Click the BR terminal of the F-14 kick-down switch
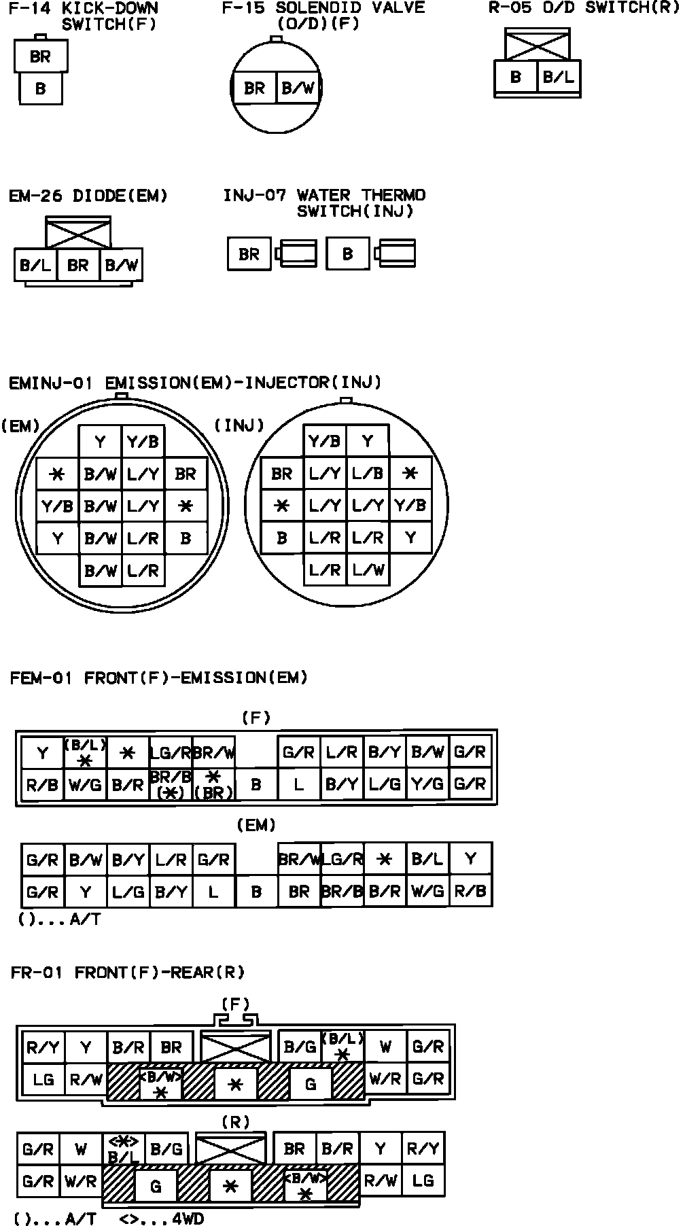point(40,56)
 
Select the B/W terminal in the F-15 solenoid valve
point(298,88)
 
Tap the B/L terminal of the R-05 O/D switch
point(558,77)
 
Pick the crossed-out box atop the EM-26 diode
point(77,233)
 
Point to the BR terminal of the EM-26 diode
point(78,265)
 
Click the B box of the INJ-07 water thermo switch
point(348,254)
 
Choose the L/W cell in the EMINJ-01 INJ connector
point(368,570)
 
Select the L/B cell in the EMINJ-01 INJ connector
point(368,474)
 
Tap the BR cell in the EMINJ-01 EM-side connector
point(186,474)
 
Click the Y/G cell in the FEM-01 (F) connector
point(427,785)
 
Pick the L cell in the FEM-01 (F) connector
point(299,785)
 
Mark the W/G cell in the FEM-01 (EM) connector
point(427,891)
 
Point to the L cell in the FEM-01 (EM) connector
point(213,891)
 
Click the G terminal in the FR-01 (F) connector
point(311,1084)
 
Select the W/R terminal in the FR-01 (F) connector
point(385,1079)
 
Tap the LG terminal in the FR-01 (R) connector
point(423,1180)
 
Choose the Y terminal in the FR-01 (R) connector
point(380,1149)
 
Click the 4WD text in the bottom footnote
point(188,1219)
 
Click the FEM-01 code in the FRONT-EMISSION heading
point(41,678)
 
